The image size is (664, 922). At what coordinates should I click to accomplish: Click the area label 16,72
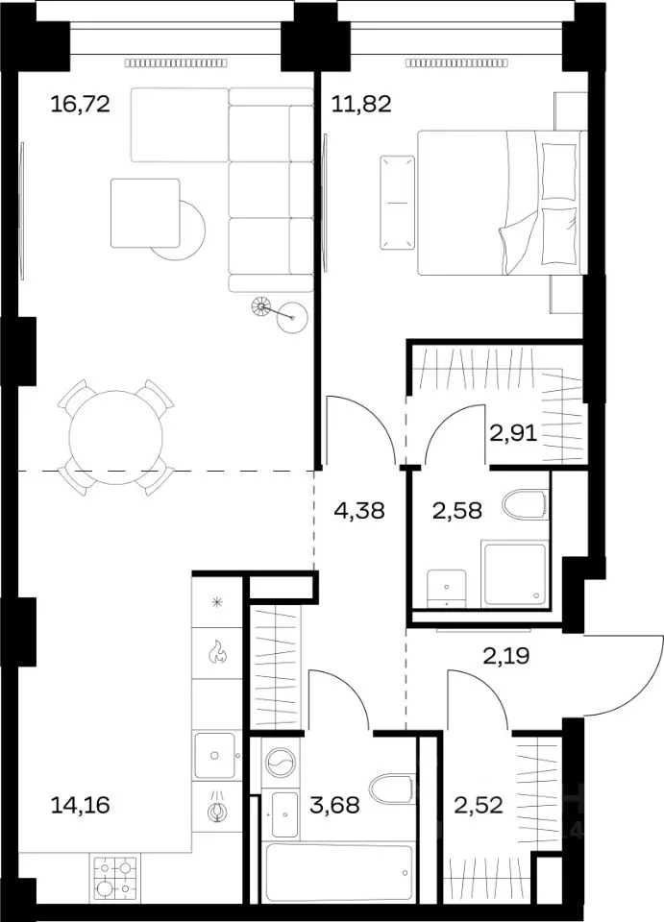81,105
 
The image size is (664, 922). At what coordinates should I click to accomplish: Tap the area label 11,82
361,105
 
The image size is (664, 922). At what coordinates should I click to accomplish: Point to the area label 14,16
81,805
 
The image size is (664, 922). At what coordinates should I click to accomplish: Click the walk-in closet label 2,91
513,434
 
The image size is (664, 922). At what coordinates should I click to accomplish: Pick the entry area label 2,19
506,655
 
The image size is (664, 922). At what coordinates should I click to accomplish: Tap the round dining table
116,438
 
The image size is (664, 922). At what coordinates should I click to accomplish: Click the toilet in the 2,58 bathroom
526,504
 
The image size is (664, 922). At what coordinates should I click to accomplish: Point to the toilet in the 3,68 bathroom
392,790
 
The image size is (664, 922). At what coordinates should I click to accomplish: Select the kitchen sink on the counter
217,755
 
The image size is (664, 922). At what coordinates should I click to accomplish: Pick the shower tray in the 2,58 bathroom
515,574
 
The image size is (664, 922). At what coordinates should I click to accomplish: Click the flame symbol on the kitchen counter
217,653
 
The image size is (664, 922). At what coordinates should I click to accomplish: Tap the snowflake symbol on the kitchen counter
217,601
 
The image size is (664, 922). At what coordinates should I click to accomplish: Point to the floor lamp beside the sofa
280,311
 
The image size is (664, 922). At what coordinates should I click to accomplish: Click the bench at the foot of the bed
398,203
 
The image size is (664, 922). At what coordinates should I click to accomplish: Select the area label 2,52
479,805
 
